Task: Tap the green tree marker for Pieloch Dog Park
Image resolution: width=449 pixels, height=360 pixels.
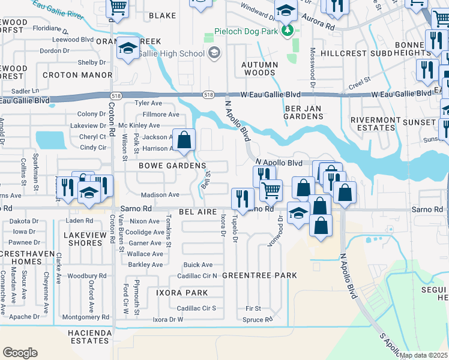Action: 289,31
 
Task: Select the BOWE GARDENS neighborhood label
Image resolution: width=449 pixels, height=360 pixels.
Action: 172,166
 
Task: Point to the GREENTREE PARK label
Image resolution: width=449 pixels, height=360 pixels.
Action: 259,275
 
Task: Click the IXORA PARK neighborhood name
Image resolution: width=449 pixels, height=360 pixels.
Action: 182,293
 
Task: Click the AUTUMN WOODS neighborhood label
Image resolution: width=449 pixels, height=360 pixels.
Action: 260,68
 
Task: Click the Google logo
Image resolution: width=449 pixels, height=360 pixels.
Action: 20,352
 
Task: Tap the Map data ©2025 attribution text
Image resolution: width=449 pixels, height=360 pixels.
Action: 423,355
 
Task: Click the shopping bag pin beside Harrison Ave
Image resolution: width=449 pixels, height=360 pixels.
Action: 184,140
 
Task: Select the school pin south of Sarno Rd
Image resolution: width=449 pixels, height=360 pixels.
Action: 298,213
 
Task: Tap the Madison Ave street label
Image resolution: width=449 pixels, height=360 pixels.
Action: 160,195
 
